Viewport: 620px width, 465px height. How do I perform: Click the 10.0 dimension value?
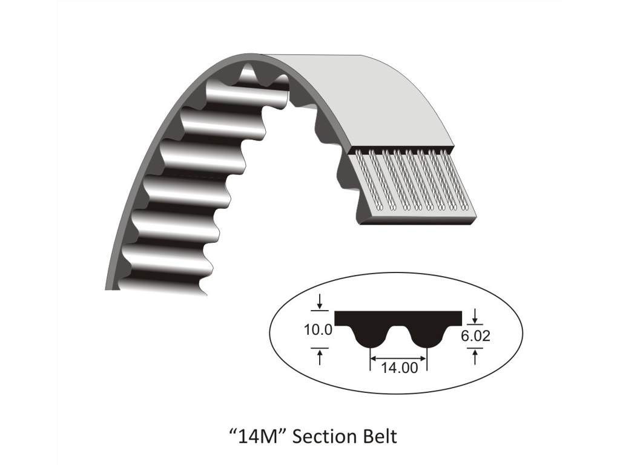pyautogui.click(x=318, y=329)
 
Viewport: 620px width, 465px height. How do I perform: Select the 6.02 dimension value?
pyautogui.click(x=475, y=335)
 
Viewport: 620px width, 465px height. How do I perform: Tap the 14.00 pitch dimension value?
pyautogui.click(x=399, y=368)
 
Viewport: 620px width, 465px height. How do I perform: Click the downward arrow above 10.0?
pyautogui.click(x=320, y=303)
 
